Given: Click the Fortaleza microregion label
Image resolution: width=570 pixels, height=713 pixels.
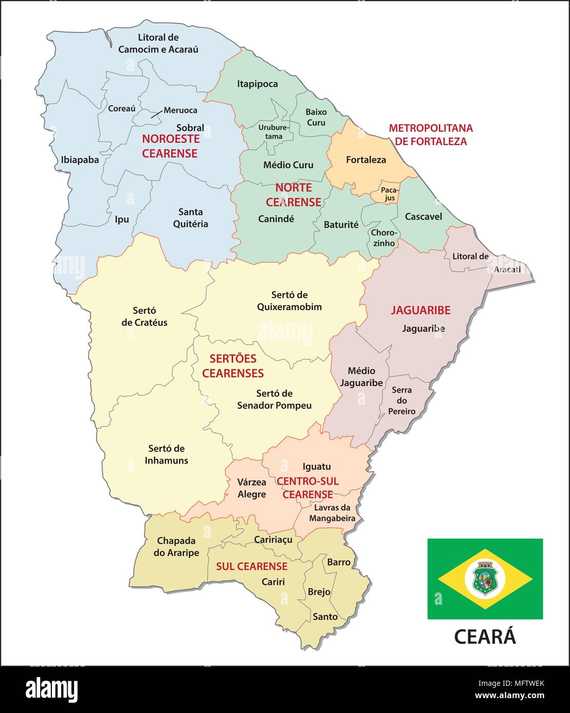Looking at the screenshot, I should (x=366, y=160).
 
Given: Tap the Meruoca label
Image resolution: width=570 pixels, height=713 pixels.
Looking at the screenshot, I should (x=180, y=110).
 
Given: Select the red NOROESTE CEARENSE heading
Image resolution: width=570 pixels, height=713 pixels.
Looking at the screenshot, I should (x=170, y=146).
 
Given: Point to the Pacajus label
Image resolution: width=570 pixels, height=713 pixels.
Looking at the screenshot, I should (x=388, y=194).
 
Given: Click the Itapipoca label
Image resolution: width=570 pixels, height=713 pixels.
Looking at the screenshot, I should (x=257, y=84).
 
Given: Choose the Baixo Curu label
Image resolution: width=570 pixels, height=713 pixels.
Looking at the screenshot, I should (x=316, y=117).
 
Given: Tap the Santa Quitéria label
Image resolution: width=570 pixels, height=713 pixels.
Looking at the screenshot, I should (x=191, y=218).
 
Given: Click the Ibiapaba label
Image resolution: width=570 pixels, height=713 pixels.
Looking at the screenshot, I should (x=80, y=160).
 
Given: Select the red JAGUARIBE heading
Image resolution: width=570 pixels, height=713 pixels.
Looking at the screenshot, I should (x=421, y=310).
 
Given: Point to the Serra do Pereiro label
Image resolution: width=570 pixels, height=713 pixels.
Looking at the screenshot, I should (x=402, y=401).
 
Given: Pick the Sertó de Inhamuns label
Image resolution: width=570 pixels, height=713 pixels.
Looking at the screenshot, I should (x=166, y=454).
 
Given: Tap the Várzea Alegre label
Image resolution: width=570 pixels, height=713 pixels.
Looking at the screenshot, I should (x=252, y=488).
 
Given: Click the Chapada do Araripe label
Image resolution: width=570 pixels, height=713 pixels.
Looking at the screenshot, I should (x=176, y=547).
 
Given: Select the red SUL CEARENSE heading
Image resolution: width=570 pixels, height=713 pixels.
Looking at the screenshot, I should (x=252, y=566).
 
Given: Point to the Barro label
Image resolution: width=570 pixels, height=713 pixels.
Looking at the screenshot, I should (x=339, y=562).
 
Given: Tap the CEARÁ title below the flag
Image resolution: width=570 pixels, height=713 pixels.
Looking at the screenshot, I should (x=485, y=637).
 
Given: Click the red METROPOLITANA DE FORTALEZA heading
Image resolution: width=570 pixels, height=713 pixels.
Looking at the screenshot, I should (x=430, y=135).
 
